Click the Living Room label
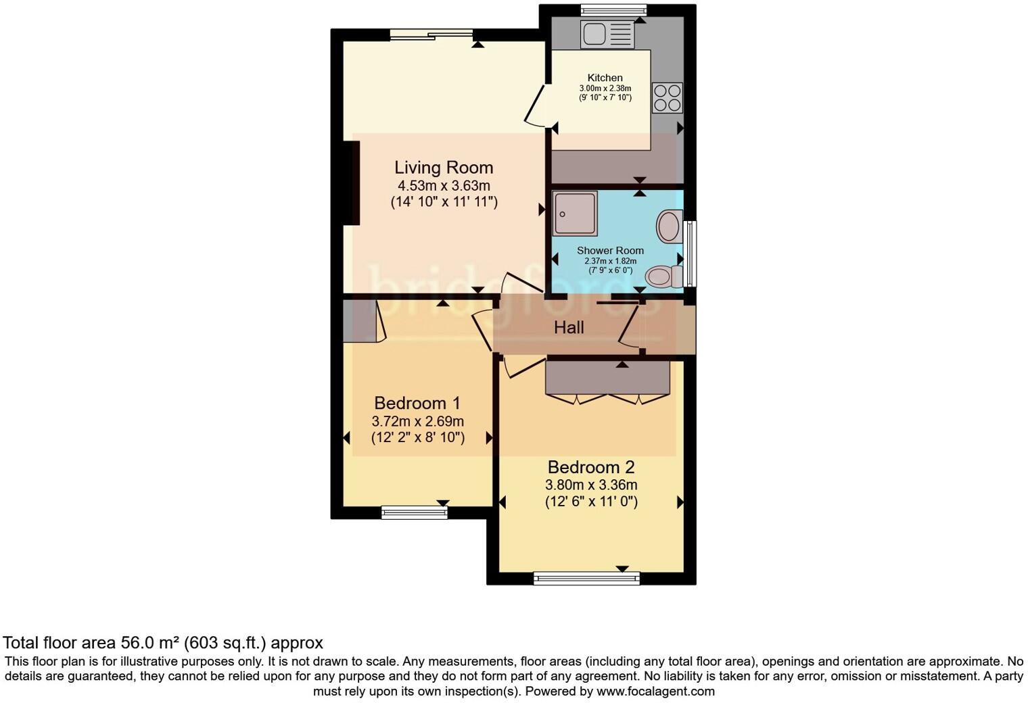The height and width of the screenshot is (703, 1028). (x=444, y=168)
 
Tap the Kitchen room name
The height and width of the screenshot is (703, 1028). (x=605, y=78)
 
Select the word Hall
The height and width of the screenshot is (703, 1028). (x=569, y=328)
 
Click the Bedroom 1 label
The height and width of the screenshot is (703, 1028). (x=417, y=404)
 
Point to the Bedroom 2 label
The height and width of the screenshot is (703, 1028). (x=591, y=467)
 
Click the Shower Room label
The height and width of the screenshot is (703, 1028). (x=610, y=251)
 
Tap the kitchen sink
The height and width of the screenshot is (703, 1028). (x=607, y=34)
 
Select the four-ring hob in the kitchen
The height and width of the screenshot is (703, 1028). (x=667, y=97)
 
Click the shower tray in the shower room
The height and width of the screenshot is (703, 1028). (x=575, y=213)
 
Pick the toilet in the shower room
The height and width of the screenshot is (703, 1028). (x=662, y=276)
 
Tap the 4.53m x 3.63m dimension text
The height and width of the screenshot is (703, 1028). (x=444, y=186)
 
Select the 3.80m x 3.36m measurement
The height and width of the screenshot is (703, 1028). (x=591, y=485)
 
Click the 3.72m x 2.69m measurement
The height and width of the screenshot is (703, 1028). (x=417, y=421)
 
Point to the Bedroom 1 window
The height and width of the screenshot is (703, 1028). (x=415, y=513)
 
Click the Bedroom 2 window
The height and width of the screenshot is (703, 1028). (x=586, y=578)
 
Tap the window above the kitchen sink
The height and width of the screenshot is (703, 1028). (x=613, y=9)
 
